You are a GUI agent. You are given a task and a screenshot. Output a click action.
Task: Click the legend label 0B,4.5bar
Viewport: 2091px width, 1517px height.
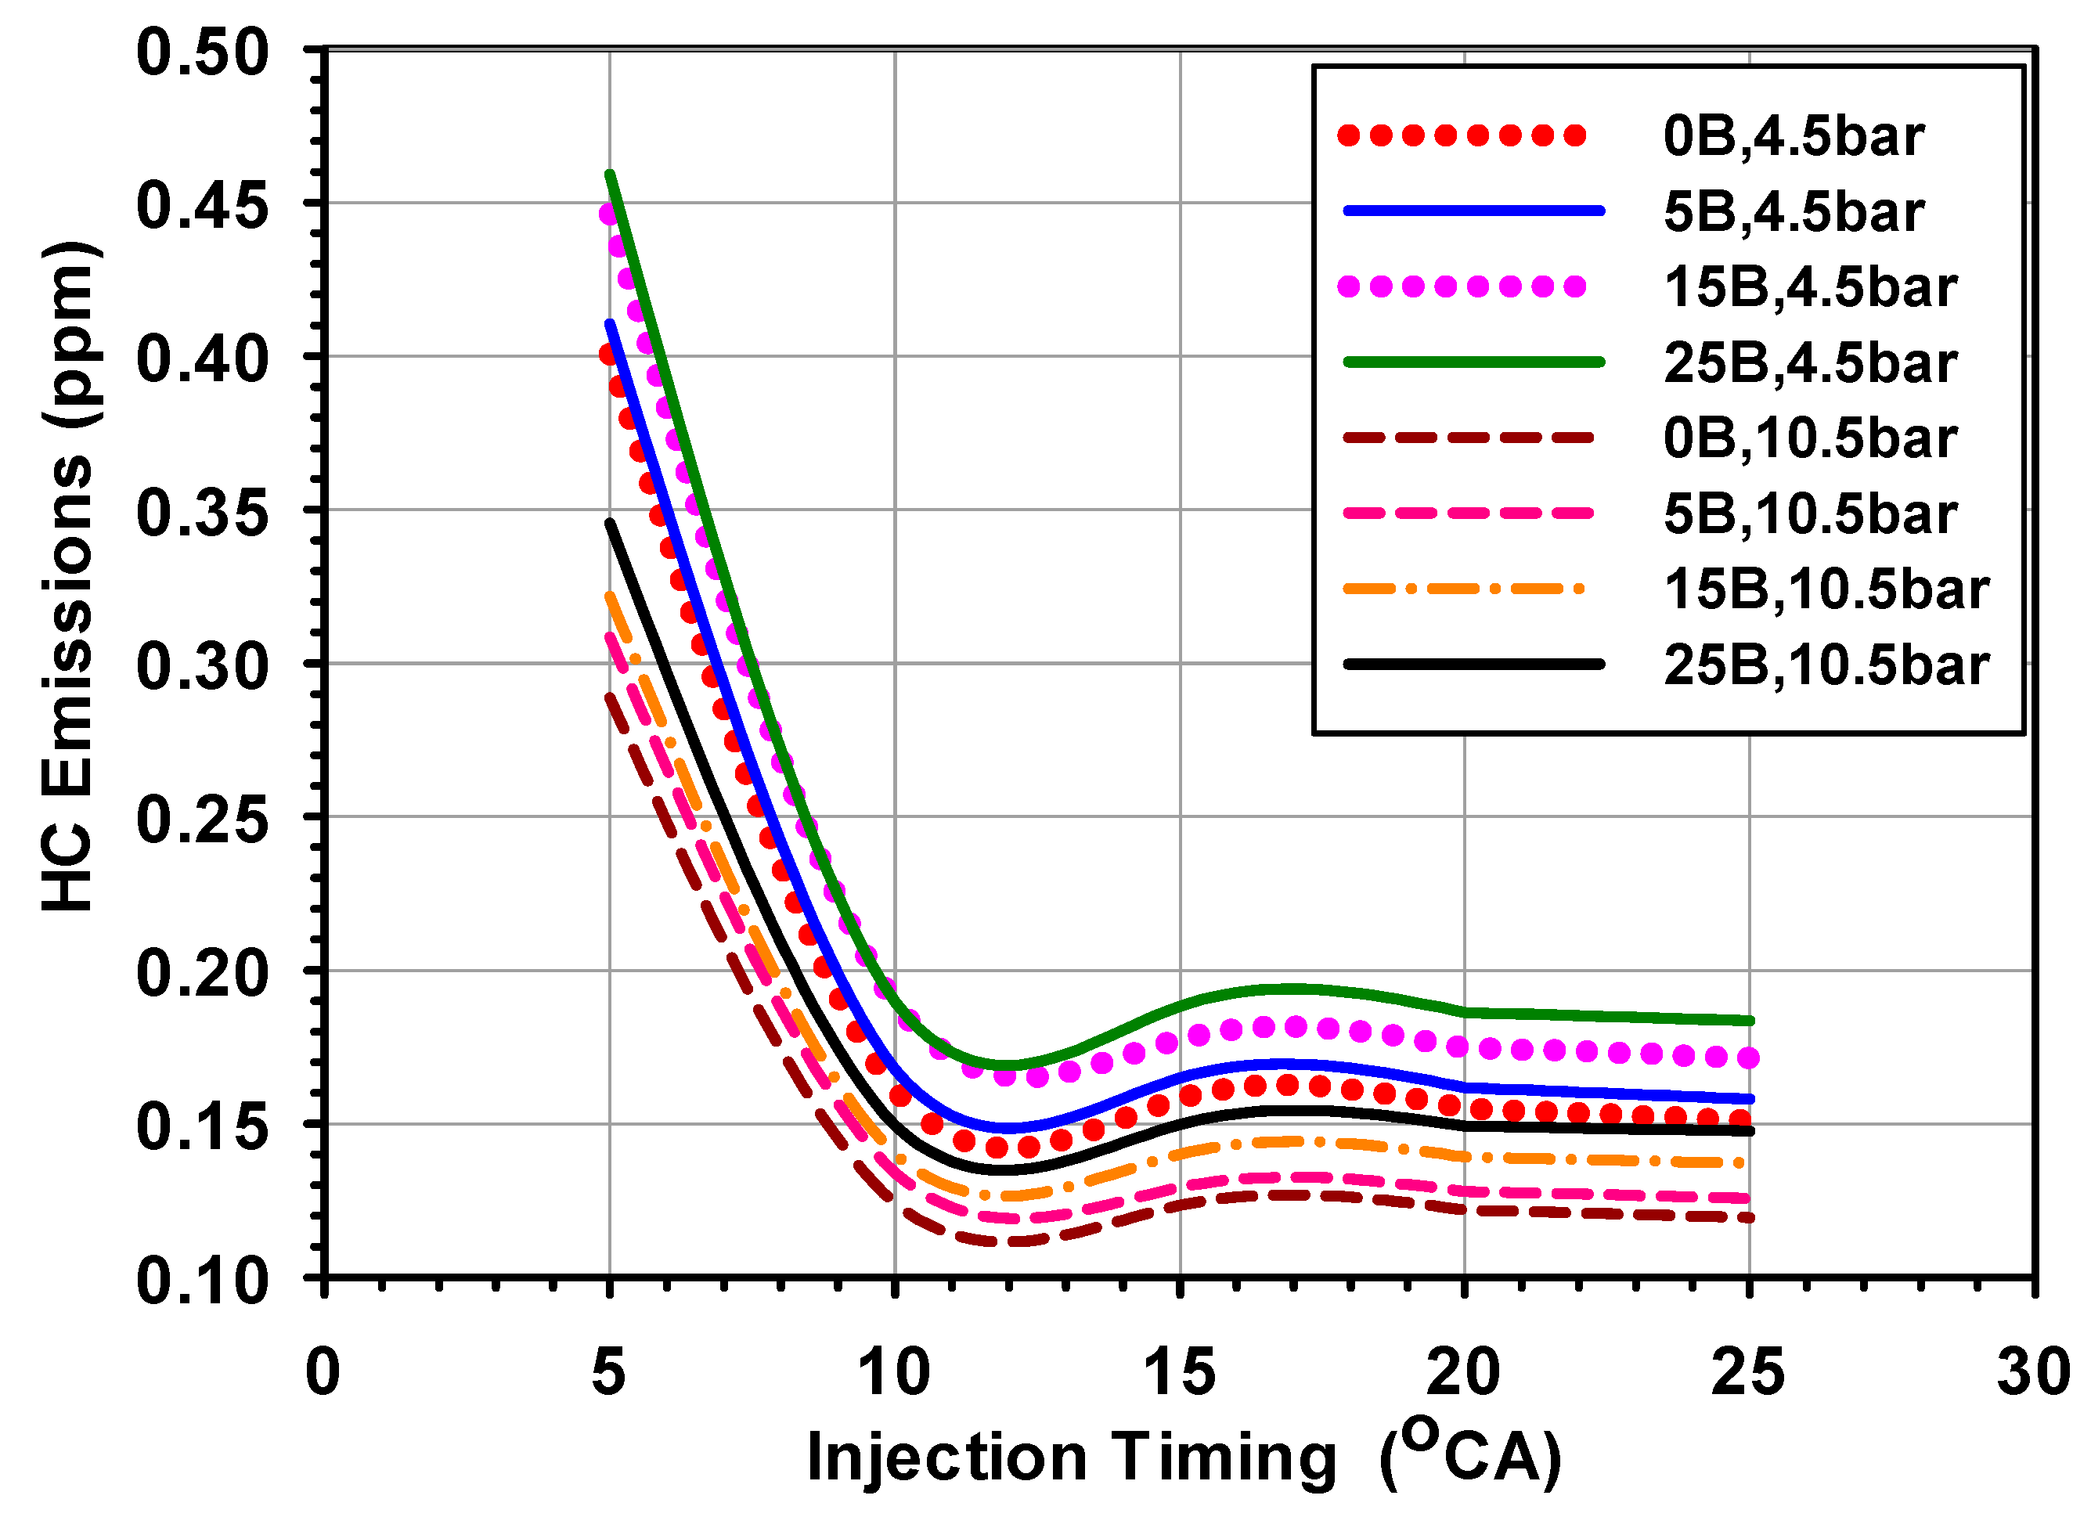click(1792, 137)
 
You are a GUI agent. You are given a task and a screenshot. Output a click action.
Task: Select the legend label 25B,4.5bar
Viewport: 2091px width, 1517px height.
click(1810, 364)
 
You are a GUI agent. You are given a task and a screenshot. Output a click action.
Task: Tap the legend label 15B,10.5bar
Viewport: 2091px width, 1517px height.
click(1826, 590)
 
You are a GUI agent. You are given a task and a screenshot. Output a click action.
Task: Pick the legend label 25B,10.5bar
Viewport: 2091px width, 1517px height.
click(1826, 665)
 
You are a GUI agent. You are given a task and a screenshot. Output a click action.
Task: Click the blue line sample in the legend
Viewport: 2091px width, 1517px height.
click(1473, 211)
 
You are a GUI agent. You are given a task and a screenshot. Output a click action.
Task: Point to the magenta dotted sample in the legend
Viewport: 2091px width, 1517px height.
click(1462, 286)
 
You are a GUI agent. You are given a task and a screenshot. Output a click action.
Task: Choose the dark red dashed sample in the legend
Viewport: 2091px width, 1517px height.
click(1469, 437)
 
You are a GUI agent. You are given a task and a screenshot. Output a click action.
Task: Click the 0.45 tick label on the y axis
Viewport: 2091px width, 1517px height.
click(202, 206)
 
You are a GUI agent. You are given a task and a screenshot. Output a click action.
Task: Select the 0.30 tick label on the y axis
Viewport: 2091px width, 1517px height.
click(202, 666)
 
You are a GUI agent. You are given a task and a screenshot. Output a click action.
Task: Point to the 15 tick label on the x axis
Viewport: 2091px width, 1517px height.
click(1178, 1372)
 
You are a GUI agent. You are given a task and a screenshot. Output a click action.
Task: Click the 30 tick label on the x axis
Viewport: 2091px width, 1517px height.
click(2033, 1372)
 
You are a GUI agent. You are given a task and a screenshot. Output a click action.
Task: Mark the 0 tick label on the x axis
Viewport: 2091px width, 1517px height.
click(323, 1372)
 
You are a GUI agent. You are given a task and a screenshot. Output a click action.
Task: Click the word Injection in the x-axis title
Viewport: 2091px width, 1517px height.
click(946, 1459)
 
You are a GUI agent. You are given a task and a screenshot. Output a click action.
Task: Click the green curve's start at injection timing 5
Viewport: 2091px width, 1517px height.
click(609, 175)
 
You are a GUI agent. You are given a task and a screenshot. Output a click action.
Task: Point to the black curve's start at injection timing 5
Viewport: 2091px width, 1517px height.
click(609, 523)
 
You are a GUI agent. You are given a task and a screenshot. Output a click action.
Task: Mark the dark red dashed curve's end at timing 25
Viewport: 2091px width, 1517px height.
click(1749, 1217)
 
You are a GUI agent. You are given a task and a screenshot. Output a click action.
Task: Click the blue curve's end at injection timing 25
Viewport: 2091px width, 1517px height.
click(1749, 1098)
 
